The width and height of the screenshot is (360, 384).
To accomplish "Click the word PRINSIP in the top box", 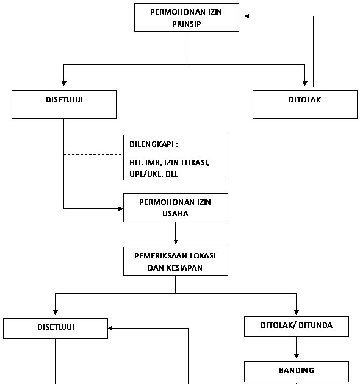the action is [x=186, y=24].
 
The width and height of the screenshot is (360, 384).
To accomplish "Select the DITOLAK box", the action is [x=305, y=104].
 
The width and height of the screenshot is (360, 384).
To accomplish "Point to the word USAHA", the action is [x=175, y=214].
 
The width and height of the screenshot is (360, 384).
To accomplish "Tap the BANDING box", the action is [x=297, y=372].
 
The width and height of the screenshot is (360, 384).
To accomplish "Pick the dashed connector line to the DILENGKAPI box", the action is [x=93, y=155].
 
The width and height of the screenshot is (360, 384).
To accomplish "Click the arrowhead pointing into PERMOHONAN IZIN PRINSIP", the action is [x=247, y=16].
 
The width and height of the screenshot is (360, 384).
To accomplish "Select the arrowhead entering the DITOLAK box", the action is [x=305, y=84].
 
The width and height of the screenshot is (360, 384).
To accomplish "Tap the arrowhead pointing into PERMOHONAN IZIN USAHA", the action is [x=121, y=208].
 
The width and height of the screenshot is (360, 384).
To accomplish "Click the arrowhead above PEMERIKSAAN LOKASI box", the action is [x=175, y=241].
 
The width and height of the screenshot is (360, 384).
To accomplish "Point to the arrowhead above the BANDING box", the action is [x=297, y=356].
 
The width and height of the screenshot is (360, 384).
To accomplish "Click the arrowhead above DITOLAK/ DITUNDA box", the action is [x=297, y=313].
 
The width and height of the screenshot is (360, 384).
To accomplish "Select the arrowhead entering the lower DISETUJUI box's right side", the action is [x=110, y=328].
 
